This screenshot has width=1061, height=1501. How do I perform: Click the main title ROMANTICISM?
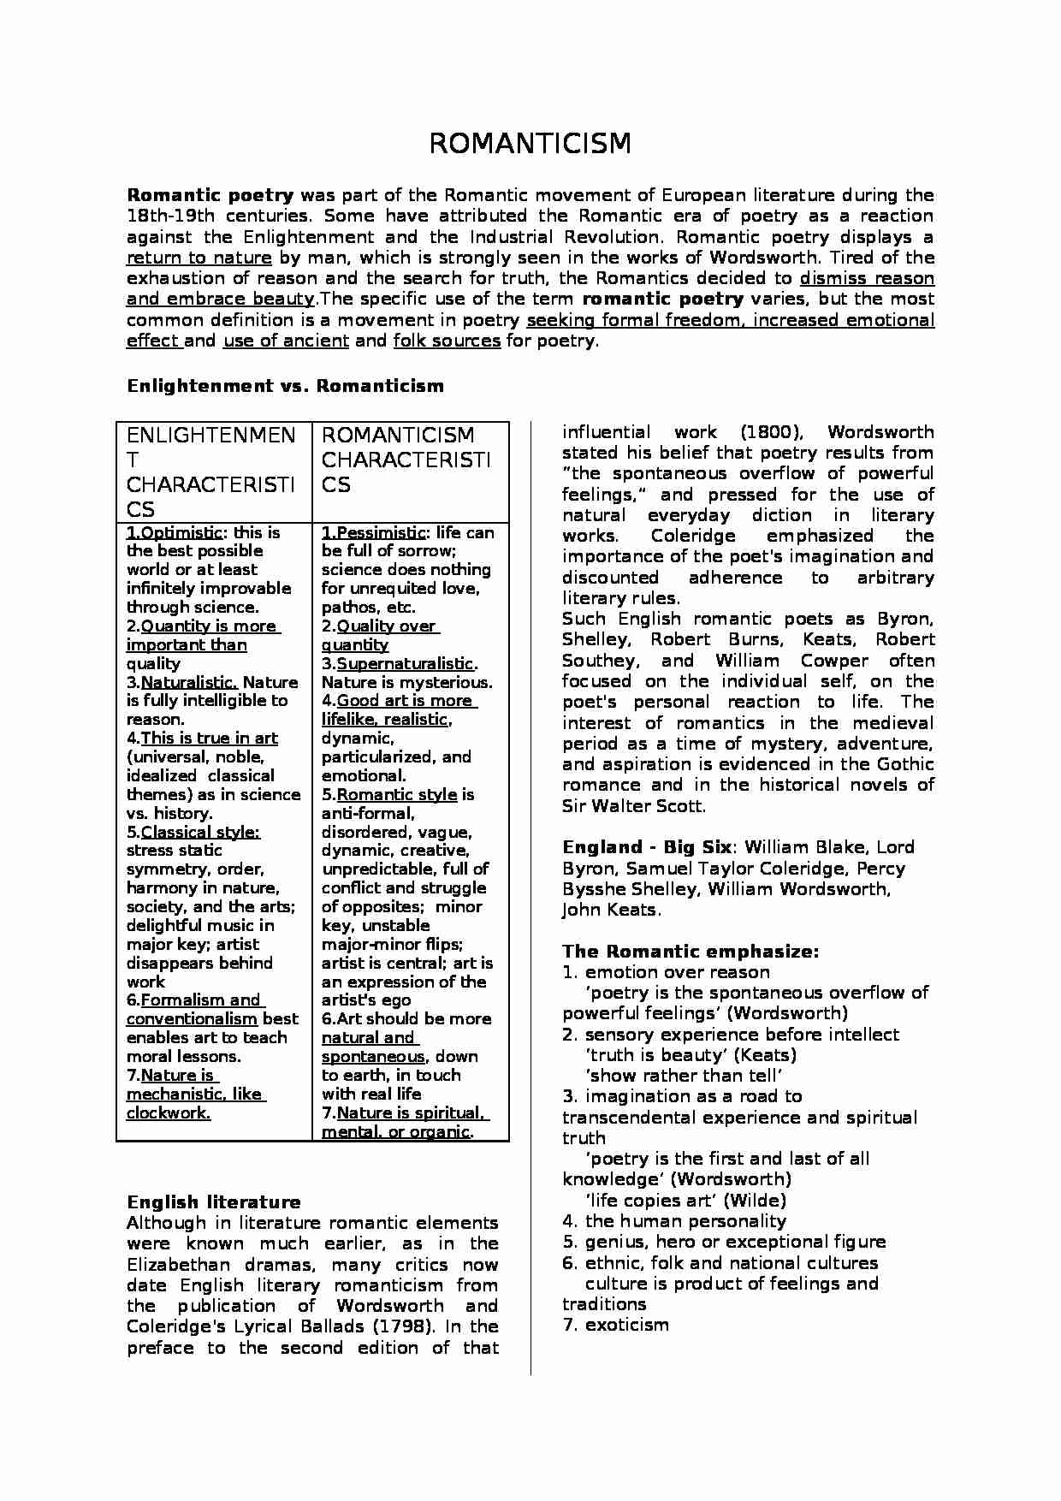[x=530, y=144]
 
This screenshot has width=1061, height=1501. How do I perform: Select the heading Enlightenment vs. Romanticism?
[x=285, y=386]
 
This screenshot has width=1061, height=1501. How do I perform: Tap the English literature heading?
[x=213, y=1202]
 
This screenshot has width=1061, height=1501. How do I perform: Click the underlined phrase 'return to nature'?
[x=199, y=258]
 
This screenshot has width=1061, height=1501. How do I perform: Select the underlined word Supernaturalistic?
[x=405, y=664]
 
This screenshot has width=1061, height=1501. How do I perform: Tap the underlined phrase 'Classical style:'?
[x=200, y=832]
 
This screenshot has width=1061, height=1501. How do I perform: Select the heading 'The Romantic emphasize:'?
[x=691, y=952]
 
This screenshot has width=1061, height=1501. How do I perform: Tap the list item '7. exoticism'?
[x=615, y=1325]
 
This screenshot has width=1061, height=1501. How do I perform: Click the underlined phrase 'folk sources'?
[x=447, y=341]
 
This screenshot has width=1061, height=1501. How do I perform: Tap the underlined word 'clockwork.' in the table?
[x=169, y=1112]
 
